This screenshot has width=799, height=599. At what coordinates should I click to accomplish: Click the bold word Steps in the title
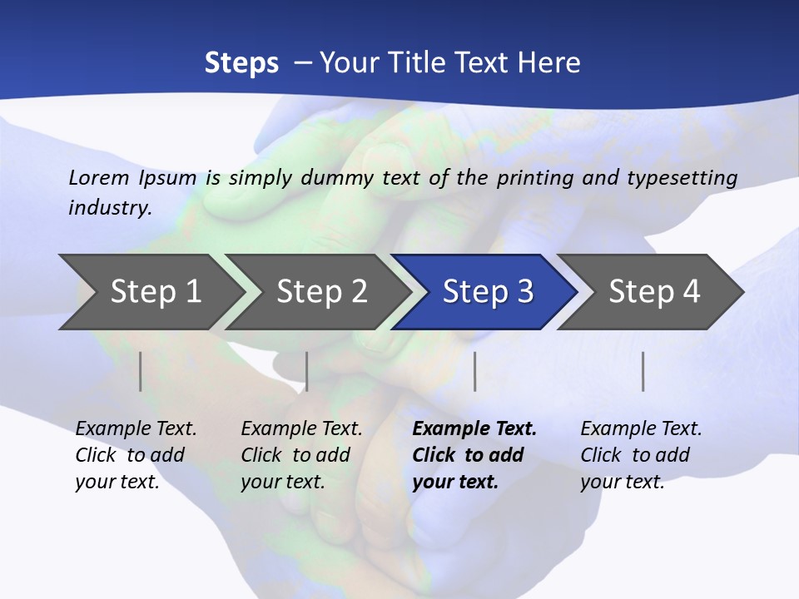click(x=241, y=63)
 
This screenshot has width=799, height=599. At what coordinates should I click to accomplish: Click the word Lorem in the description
click(x=98, y=177)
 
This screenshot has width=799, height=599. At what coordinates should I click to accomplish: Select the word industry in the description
click(x=109, y=208)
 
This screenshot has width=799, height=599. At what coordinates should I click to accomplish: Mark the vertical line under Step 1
click(x=141, y=371)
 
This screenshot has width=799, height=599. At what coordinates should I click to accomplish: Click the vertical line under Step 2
click(x=307, y=371)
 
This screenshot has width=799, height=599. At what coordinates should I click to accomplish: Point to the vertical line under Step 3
click(x=474, y=371)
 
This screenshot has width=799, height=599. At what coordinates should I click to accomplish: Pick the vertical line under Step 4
click(x=643, y=371)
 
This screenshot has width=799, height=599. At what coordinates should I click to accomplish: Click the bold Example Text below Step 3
click(x=474, y=429)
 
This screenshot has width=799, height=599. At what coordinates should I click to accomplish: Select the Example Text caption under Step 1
click(x=136, y=429)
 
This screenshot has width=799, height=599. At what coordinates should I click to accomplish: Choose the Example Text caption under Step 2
click(x=301, y=429)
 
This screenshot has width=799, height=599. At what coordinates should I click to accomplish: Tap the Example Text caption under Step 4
click(x=641, y=429)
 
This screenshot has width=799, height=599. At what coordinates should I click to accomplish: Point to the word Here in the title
click(x=551, y=63)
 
